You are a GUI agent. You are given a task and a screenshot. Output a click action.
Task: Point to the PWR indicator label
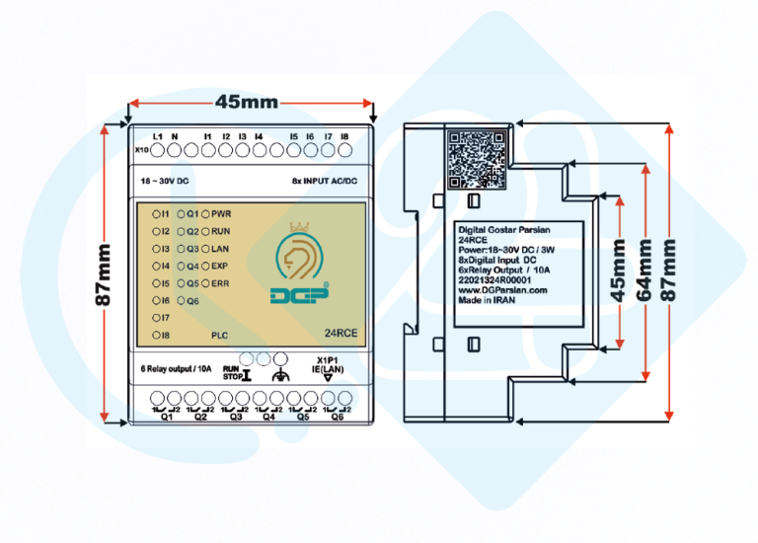(x=221, y=213)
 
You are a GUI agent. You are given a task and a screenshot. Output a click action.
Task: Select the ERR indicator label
(x=220, y=283)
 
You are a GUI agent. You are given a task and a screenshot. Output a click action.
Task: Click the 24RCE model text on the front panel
(x=341, y=333)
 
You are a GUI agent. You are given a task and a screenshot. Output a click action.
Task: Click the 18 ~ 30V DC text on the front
(x=167, y=182)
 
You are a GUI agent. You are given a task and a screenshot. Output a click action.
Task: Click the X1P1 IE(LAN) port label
(x=329, y=365)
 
